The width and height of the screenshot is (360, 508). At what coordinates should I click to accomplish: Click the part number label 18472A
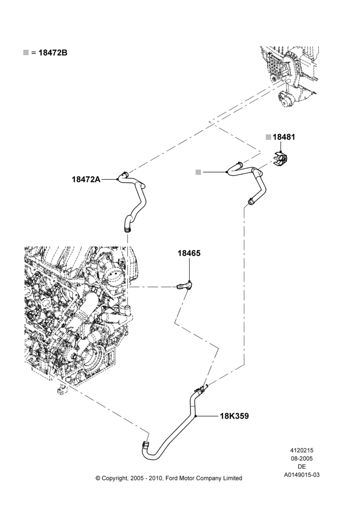[86, 179]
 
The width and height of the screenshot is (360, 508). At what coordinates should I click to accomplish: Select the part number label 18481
[284, 137]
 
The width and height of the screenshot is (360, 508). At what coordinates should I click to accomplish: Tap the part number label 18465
[189, 253]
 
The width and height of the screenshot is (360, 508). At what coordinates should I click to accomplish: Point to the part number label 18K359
[234, 416]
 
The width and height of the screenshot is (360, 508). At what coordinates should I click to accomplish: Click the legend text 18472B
[53, 53]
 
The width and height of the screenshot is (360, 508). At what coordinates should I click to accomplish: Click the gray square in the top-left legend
[26, 52]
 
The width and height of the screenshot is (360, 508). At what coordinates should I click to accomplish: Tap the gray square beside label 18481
[268, 137]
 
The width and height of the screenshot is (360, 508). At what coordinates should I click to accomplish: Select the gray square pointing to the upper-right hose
[198, 172]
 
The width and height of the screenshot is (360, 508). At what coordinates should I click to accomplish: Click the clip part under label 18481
[281, 158]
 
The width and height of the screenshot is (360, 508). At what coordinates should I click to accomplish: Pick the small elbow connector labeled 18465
[185, 285]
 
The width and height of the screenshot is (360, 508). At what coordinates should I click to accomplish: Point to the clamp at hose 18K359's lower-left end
[145, 444]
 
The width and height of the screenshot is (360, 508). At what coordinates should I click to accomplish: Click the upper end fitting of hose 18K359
[201, 389]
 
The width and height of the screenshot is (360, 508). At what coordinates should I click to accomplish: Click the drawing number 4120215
[302, 450]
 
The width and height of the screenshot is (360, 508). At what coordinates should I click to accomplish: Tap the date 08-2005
[302, 458]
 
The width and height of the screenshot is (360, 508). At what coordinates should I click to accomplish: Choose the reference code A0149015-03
[302, 475]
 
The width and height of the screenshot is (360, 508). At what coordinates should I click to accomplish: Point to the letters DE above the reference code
[302, 467]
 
